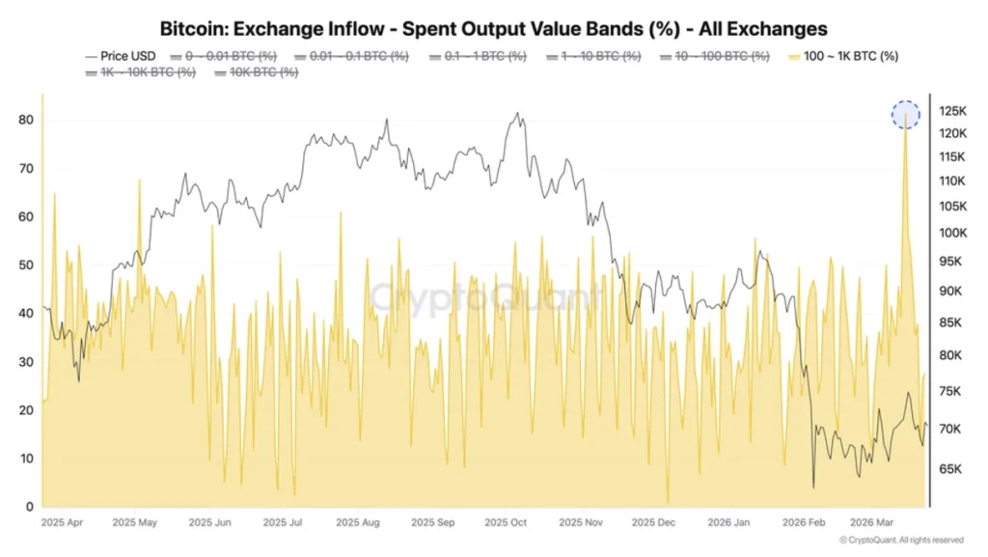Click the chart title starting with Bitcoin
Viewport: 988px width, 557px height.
tap(493, 29)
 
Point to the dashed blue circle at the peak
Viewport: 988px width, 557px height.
tap(905, 115)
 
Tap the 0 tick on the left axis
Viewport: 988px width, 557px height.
tap(30, 507)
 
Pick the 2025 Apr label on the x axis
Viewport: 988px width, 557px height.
tap(61, 523)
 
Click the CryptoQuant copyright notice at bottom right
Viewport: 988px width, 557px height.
tap(901, 541)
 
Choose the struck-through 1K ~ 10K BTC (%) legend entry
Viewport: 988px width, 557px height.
tap(141, 72)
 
